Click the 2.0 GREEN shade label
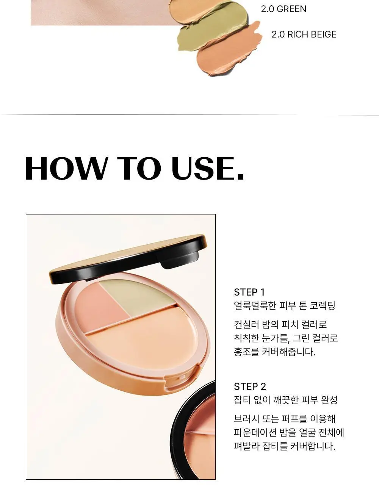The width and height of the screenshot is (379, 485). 283,9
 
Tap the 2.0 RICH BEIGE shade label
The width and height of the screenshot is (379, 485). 304,34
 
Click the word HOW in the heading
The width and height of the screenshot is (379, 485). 66,168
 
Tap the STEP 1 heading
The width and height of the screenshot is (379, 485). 249,292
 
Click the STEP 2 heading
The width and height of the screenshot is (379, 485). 250,386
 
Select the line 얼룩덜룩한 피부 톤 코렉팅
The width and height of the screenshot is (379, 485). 285,305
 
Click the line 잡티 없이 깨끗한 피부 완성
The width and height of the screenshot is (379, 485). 285,400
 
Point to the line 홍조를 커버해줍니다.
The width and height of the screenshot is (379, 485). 275,352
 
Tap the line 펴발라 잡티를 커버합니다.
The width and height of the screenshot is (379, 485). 285,446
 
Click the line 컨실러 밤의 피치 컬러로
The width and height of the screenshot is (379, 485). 280,324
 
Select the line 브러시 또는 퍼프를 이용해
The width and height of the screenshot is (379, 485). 285,419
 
